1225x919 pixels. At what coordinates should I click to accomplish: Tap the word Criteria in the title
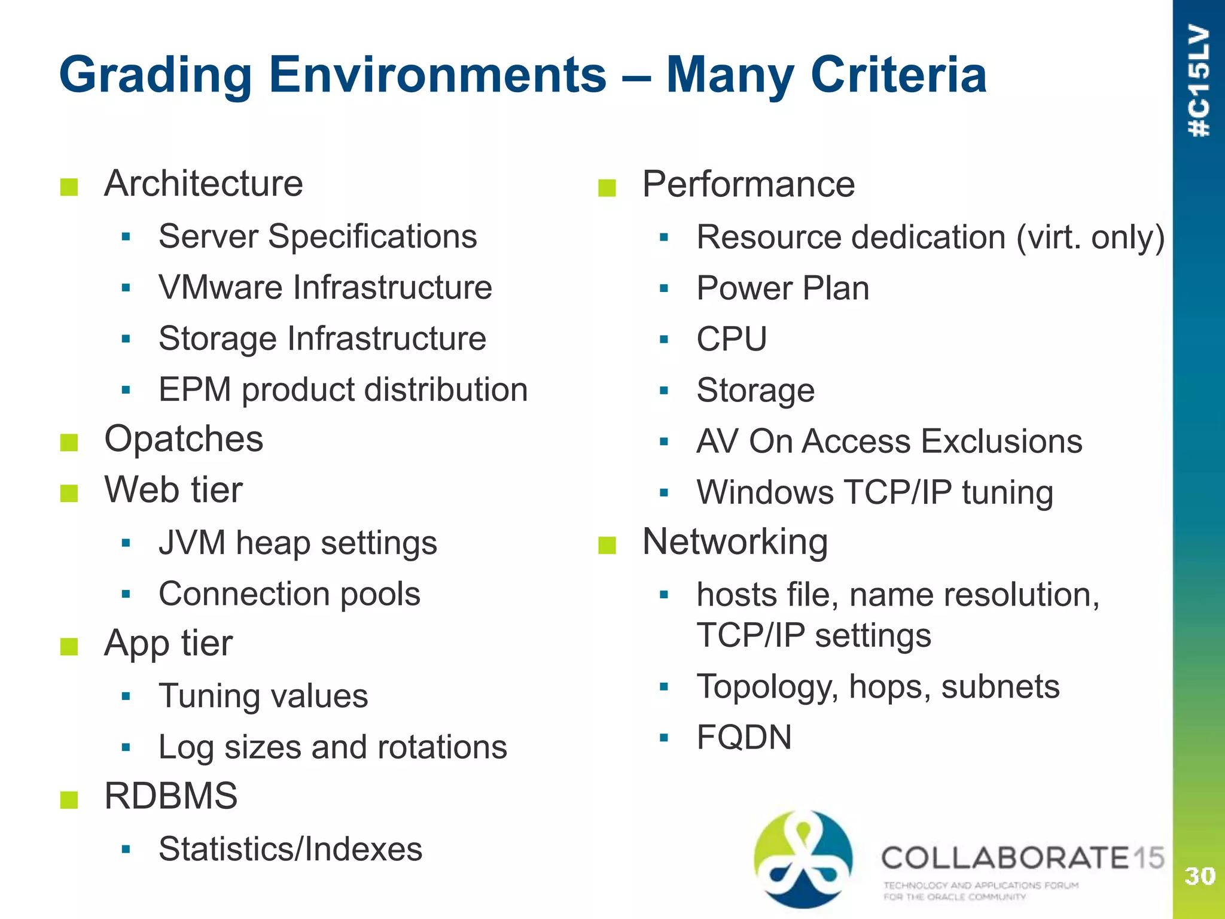click(898, 75)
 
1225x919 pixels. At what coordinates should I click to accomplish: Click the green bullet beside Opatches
click(69, 442)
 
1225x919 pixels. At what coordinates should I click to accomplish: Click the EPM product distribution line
click(343, 389)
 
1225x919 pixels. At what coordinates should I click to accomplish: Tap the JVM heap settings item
click(297, 543)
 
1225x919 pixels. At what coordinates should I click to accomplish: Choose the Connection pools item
click(290, 594)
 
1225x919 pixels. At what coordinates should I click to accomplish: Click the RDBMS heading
click(170, 796)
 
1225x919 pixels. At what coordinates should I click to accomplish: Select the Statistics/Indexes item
click(290, 849)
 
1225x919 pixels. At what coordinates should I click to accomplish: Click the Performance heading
click(748, 184)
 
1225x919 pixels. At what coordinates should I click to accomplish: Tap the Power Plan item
click(782, 288)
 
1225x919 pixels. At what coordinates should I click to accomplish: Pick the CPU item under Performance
click(732, 339)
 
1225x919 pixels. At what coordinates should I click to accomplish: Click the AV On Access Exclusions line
click(889, 442)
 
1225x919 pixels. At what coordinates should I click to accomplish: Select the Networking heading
click(735, 542)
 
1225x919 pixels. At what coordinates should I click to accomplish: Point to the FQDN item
click(744, 737)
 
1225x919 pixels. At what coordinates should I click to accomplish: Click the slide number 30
click(1199, 876)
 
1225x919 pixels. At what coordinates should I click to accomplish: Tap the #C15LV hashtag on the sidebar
click(1199, 81)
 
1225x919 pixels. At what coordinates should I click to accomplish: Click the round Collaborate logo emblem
click(803, 859)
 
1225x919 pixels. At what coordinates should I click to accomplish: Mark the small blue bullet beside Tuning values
click(126, 696)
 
